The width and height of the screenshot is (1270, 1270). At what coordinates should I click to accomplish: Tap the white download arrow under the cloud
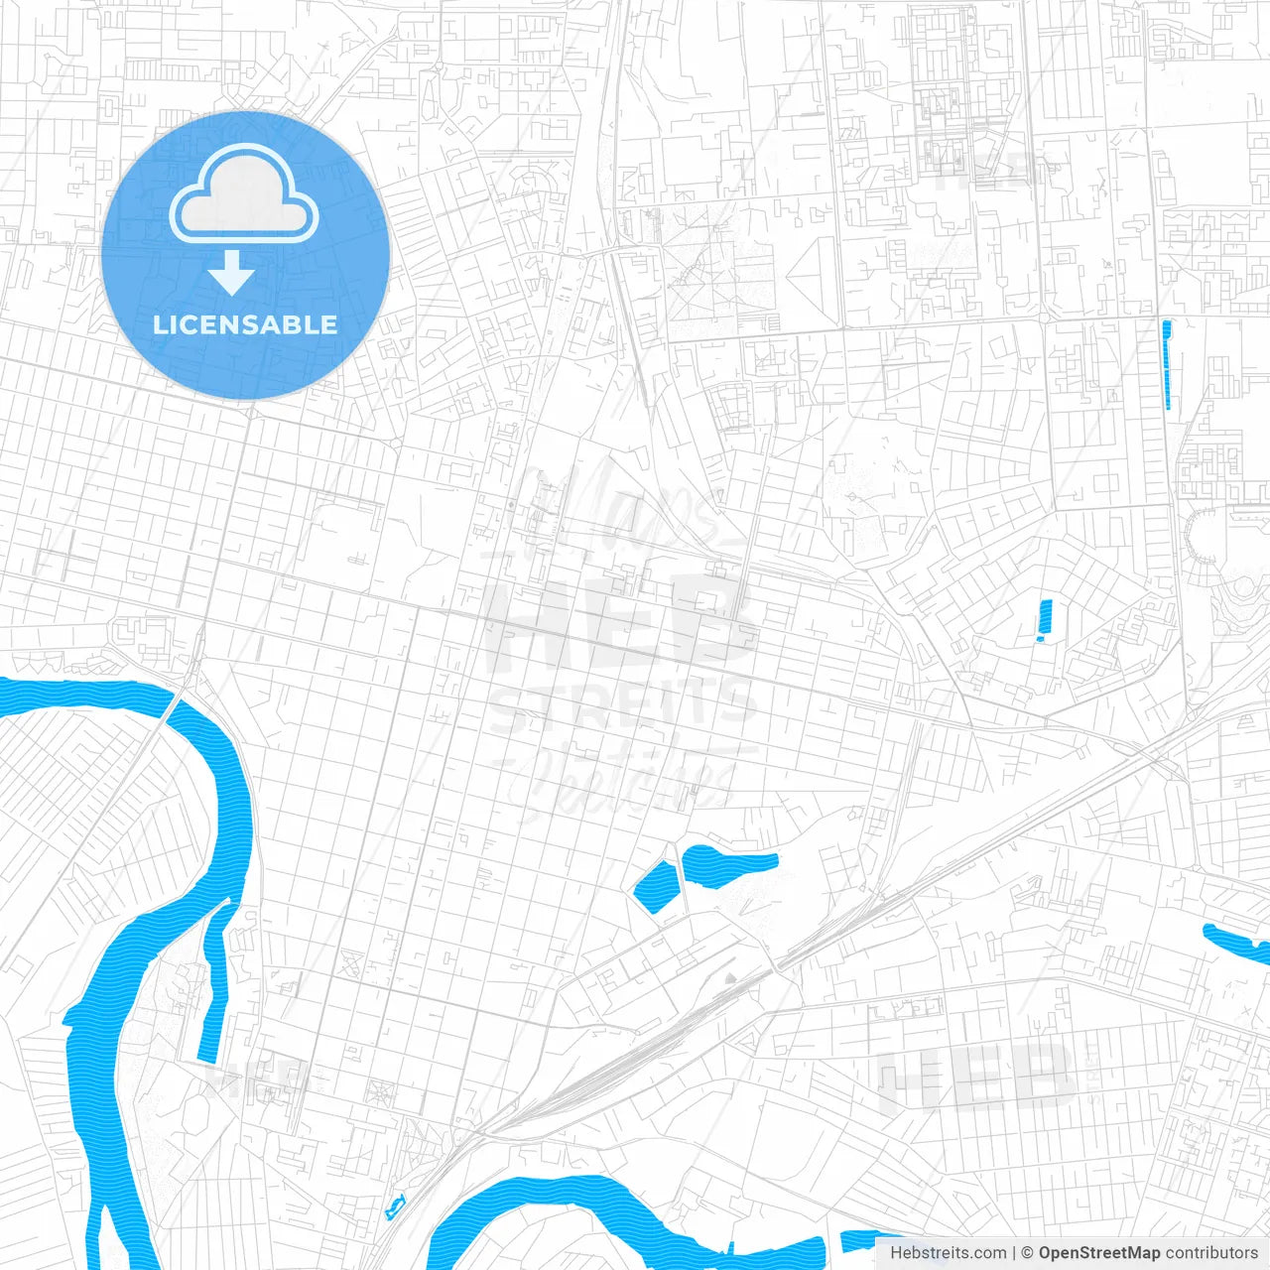click(231, 274)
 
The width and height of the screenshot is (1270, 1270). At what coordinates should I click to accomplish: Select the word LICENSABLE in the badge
click(245, 324)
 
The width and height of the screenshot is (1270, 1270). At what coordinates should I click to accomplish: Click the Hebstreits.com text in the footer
click(948, 1253)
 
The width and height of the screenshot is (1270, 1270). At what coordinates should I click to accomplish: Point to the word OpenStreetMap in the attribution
click(1098, 1253)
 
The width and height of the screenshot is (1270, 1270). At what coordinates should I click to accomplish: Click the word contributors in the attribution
click(1210, 1253)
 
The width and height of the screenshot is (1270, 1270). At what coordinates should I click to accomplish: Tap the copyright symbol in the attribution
click(1027, 1253)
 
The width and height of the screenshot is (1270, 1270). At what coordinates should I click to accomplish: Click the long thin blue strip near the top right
click(1167, 364)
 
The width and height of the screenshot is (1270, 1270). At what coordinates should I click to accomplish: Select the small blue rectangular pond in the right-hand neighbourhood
click(1044, 621)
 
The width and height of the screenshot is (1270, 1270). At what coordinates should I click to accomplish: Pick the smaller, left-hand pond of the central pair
click(655, 888)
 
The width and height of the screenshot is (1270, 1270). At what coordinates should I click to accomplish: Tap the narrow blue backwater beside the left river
click(214, 982)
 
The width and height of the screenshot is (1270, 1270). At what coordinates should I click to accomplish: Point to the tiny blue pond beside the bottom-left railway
click(395, 1208)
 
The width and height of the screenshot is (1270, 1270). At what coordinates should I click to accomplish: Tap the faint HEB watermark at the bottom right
click(977, 1077)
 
